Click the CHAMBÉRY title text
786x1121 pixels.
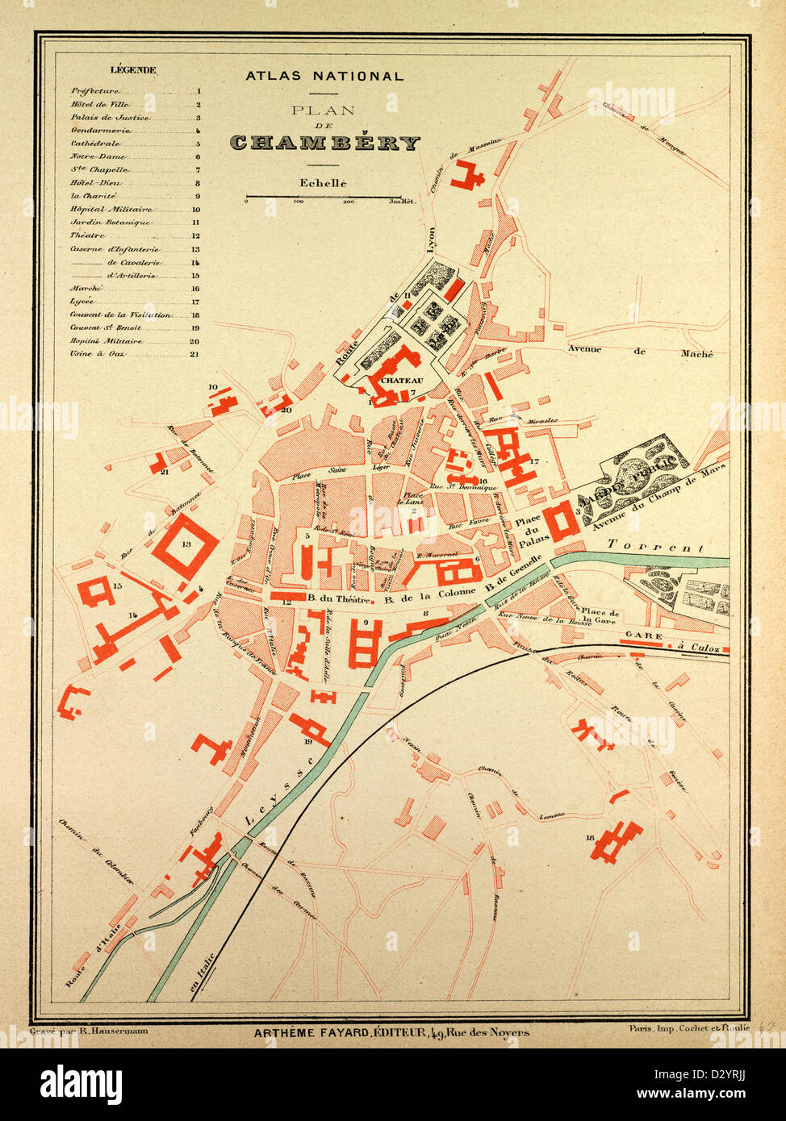(x=324, y=144)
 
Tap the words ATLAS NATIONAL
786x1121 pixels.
(x=324, y=76)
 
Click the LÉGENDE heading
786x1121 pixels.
(x=133, y=70)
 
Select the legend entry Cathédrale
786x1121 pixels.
(x=96, y=144)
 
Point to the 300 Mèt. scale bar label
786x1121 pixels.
(x=402, y=202)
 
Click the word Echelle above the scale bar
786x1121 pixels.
(x=323, y=183)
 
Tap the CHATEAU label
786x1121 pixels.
(x=401, y=379)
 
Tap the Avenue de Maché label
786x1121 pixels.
(x=640, y=351)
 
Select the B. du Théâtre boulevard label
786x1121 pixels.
(x=340, y=599)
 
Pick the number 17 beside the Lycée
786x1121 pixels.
(x=533, y=461)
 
